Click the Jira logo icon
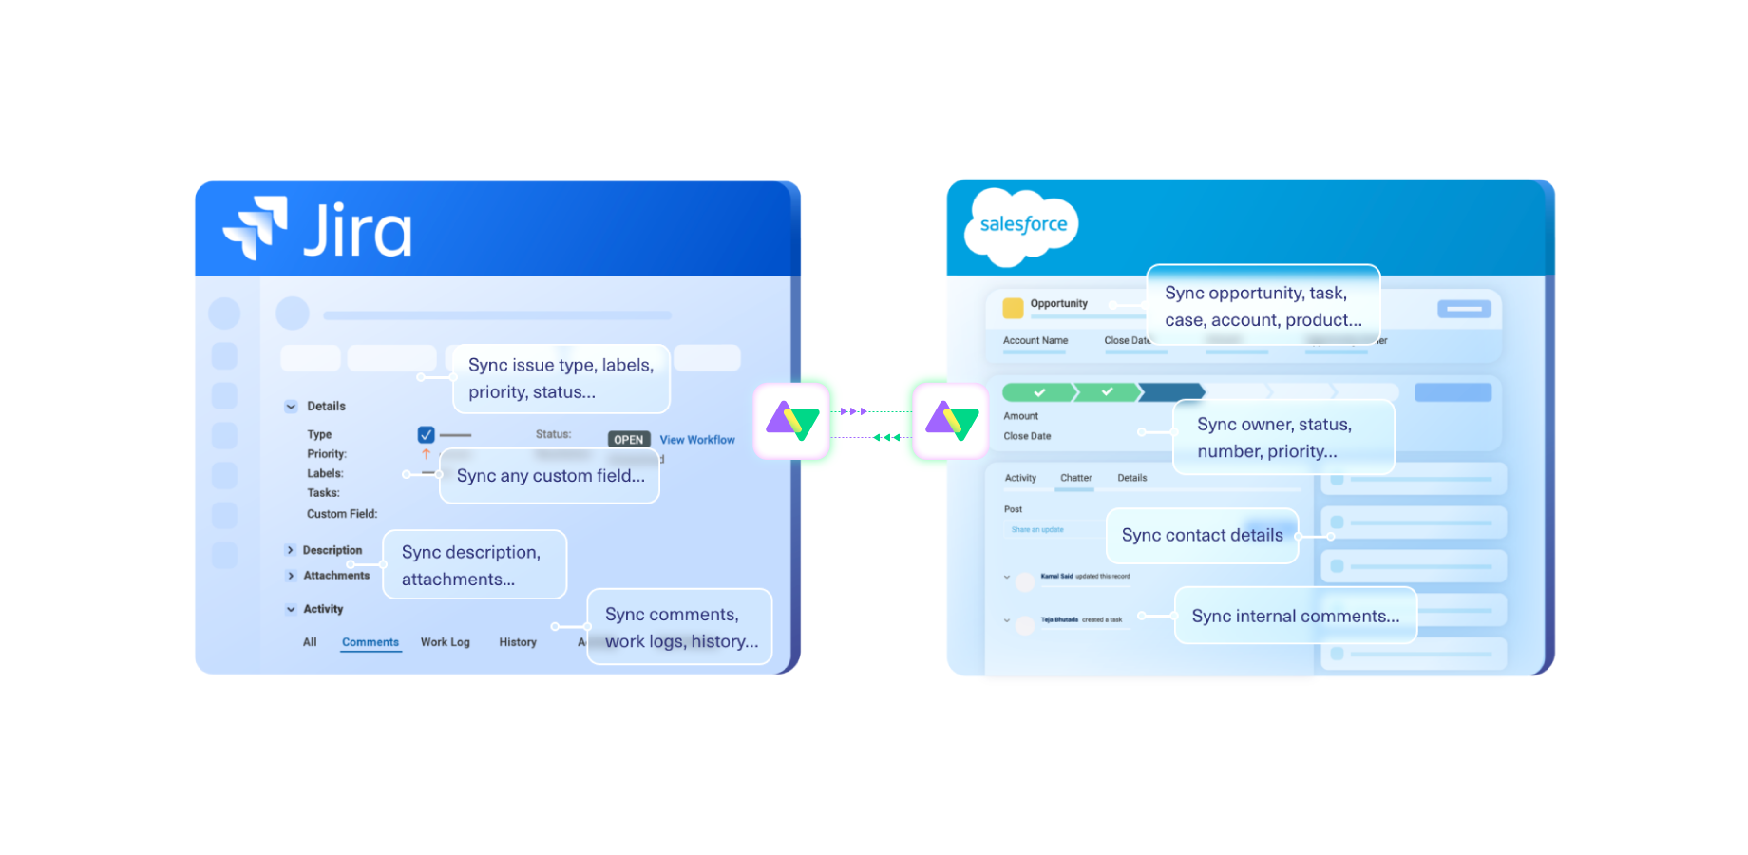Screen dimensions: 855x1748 255,227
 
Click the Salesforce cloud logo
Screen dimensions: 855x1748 1022,226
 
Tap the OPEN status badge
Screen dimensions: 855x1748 628,440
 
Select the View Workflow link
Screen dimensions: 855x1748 697,440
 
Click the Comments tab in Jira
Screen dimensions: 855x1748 370,642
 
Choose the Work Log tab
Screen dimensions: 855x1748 445,642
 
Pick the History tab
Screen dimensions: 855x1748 518,642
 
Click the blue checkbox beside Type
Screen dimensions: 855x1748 426,434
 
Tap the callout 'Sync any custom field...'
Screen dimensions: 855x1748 550,476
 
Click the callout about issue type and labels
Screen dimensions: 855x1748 560,378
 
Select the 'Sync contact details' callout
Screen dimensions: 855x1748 1202,535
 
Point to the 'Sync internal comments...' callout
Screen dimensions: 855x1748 1295,616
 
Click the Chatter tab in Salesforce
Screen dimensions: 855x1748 1075,478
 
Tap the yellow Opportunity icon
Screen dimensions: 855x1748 1013,307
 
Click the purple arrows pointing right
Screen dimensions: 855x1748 854,411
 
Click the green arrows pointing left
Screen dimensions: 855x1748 886,438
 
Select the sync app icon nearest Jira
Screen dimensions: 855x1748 792,421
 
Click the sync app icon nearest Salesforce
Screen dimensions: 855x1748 951,421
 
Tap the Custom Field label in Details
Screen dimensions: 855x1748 341,514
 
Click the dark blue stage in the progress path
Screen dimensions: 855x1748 1172,391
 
